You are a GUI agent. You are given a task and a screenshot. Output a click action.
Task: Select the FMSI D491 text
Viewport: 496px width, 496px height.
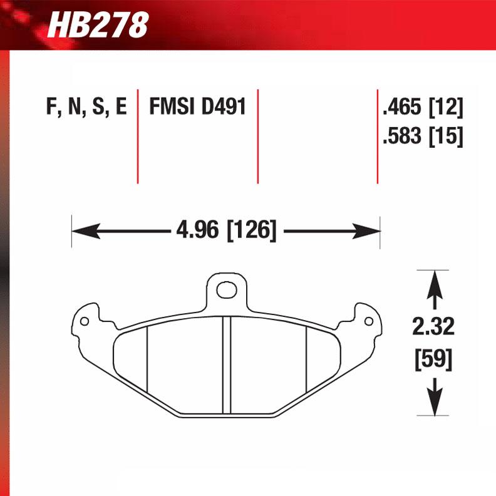click(x=197, y=107)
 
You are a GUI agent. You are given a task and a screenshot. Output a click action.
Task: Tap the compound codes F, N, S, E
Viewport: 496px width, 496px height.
click(x=86, y=107)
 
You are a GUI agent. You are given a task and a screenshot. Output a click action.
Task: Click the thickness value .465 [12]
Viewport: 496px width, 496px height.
click(x=422, y=108)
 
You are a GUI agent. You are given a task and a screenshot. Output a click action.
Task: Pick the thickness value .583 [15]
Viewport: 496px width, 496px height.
click(x=422, y=136)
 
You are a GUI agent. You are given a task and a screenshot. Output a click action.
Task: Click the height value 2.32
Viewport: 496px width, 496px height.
click(x=433, y=327)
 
